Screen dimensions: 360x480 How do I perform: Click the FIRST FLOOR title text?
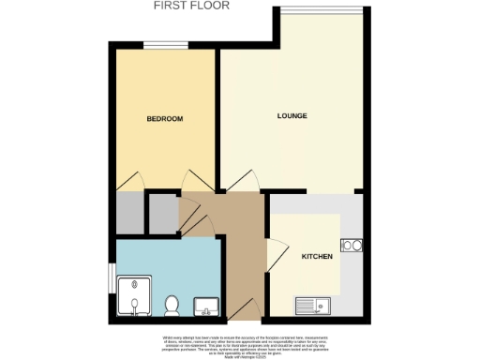(191, 6)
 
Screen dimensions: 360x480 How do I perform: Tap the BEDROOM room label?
(165, 119)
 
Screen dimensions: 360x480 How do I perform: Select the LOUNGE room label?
(292, 115)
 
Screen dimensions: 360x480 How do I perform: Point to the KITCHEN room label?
(315, 256)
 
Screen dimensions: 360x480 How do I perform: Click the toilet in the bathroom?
(172, 306)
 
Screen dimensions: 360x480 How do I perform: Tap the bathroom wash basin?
(205, 307)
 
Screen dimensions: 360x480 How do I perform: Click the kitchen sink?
(310, 305)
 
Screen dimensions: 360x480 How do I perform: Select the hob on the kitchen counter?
(353, 247)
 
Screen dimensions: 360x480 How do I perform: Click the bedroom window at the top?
(162, 45)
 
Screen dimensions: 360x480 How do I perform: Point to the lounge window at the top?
(321, 9)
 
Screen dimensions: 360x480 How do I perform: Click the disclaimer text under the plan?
(240, 342)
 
